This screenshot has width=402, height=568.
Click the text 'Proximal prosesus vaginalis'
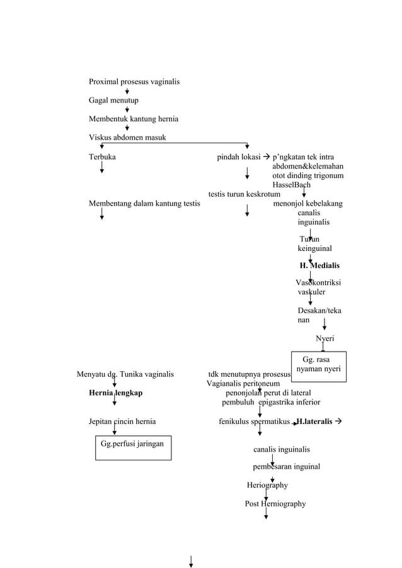coord(134,82)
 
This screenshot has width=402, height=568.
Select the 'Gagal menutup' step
coord(113,101)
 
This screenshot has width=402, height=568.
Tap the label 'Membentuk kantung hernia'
coord(133,119)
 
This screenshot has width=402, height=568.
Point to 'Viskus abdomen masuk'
coord(127,138)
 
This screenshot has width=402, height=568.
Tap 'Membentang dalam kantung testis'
coord(144,204)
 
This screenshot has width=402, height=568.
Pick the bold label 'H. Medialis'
coord(319,265)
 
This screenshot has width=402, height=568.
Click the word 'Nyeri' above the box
coord(325,339)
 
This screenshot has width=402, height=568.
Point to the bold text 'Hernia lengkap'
coord(115,393)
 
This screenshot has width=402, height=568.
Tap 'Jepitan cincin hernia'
coord(122,421)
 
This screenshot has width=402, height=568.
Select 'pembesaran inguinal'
coord(286,467)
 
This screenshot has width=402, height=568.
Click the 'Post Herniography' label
coord(275,504)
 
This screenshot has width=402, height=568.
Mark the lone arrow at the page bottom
coord(191,560)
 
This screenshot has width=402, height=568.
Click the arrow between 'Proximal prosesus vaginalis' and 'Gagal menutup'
coord(127,91)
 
